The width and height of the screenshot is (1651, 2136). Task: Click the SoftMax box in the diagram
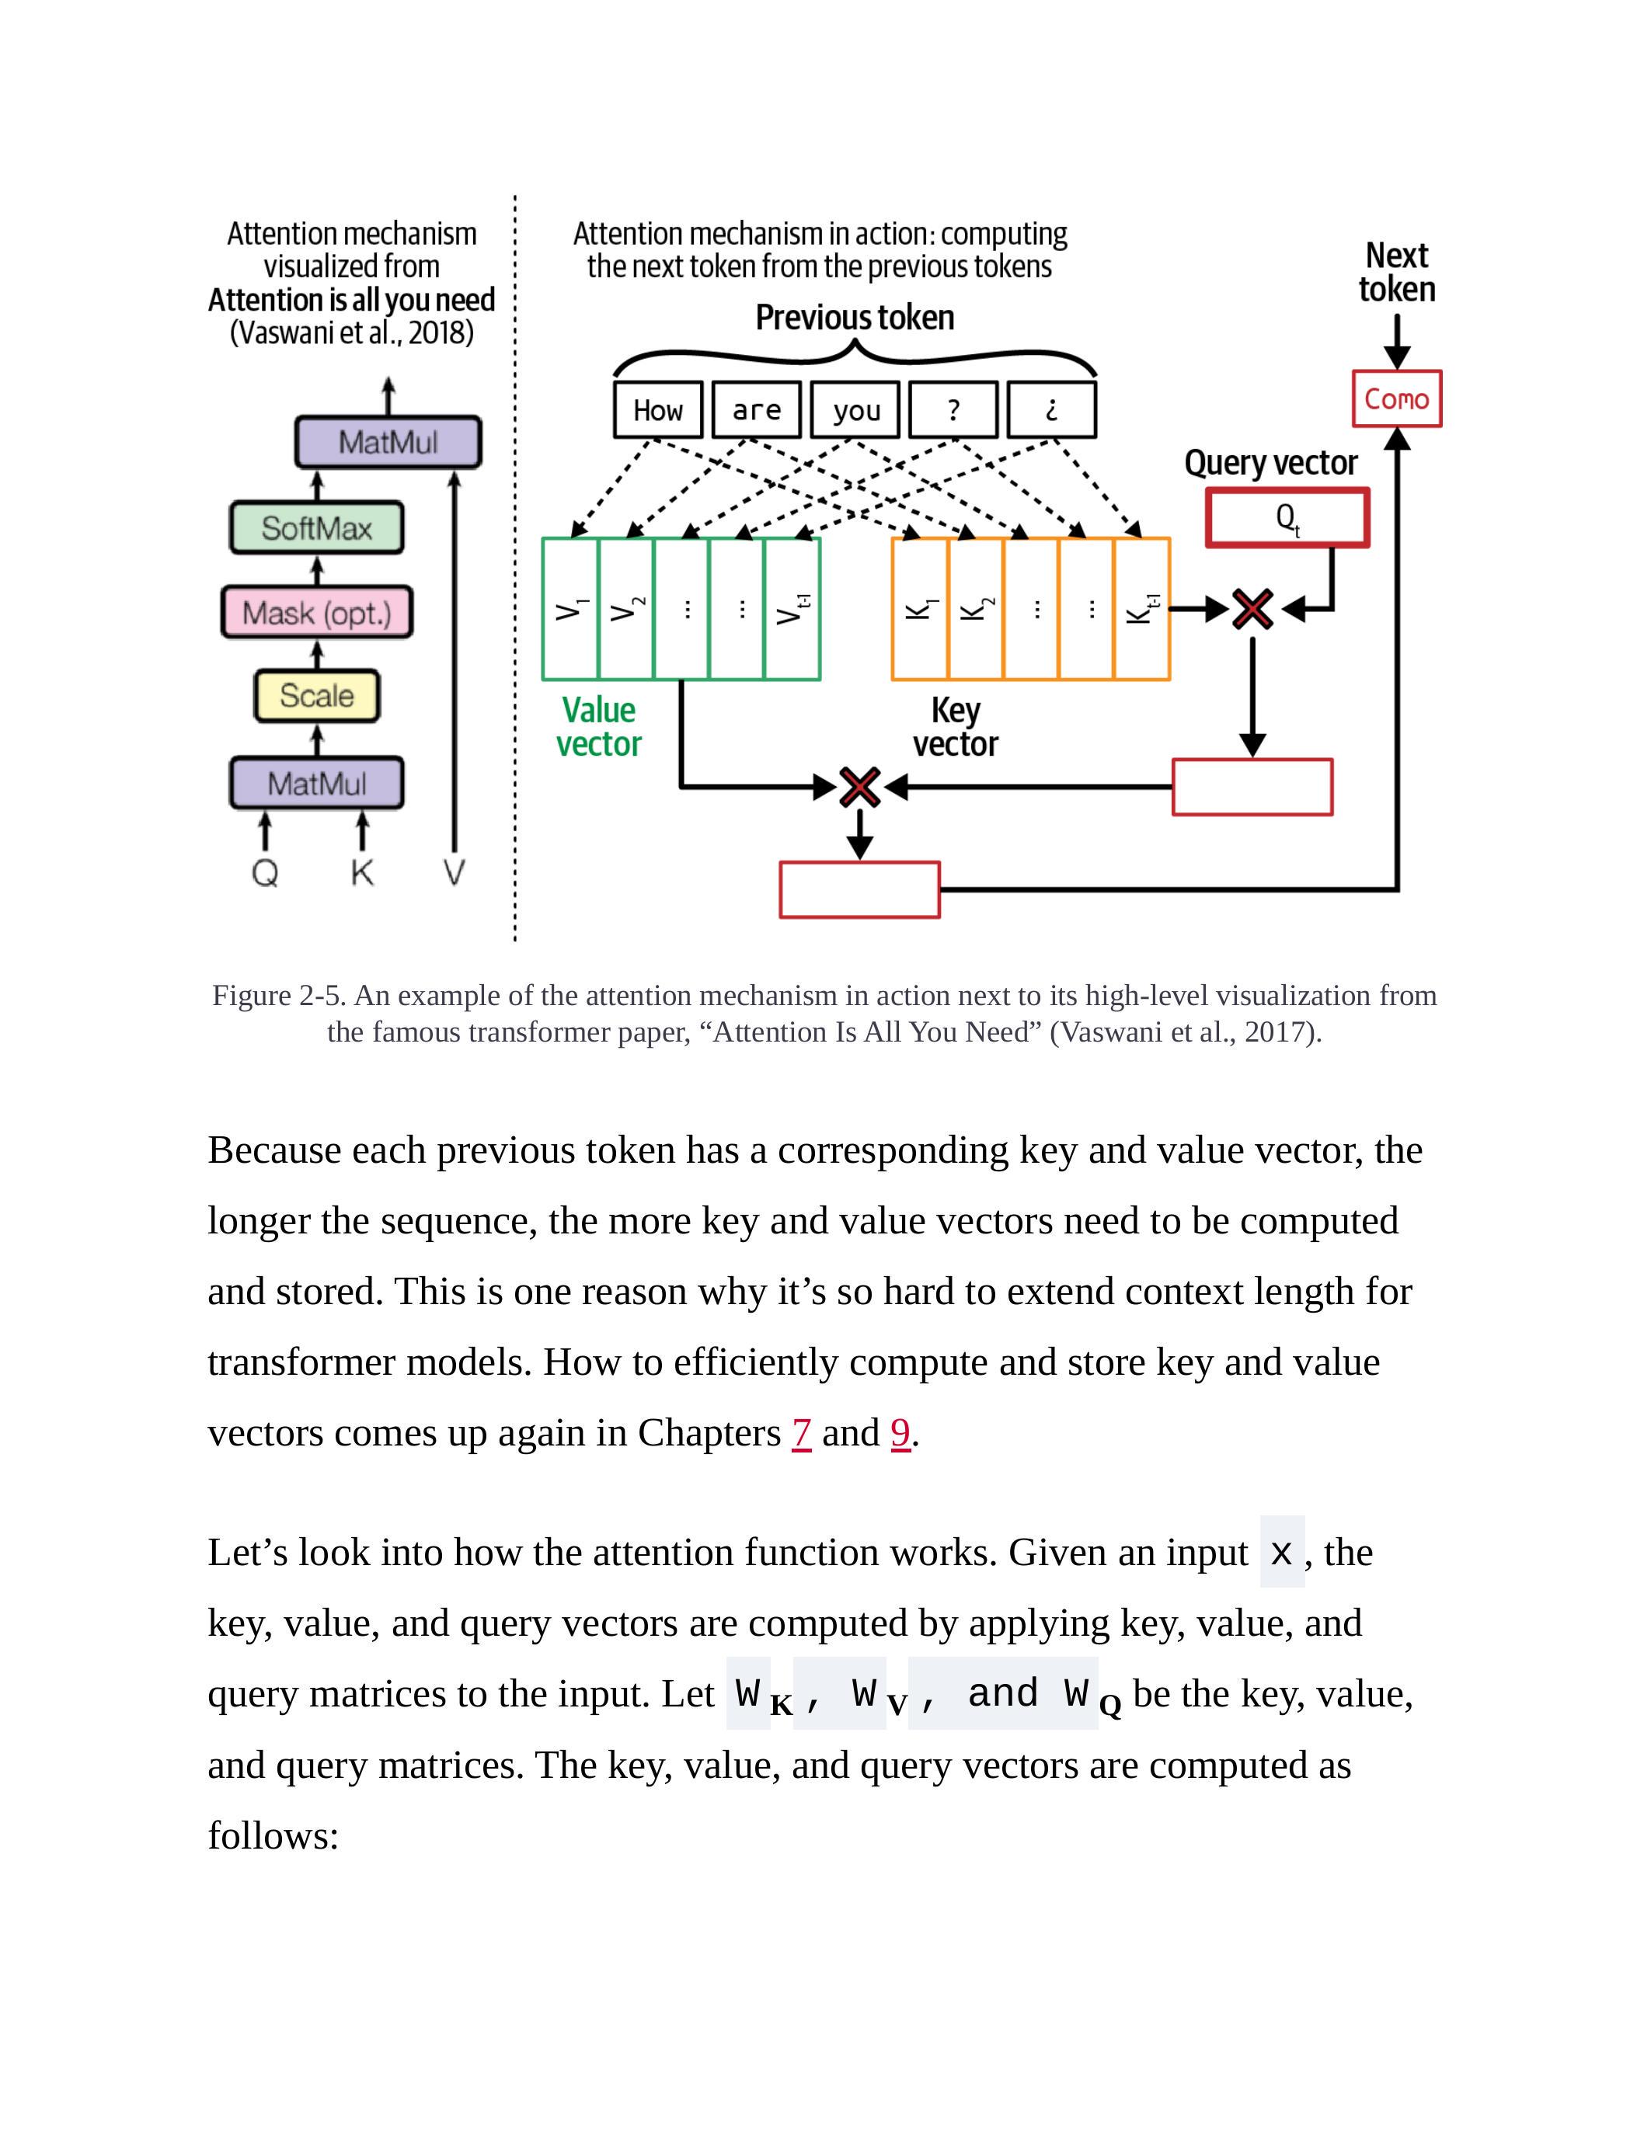click(316, 528)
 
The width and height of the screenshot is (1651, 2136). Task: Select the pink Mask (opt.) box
click(317, 612)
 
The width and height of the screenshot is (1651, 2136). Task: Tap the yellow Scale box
click(317, 695)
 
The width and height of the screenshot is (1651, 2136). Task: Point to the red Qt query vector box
click(1286, 517)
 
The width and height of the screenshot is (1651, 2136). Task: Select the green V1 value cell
click(570, 608)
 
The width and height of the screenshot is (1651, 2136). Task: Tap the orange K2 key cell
click(975, 608)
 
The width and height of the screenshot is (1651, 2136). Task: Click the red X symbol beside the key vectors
click(1252, 609)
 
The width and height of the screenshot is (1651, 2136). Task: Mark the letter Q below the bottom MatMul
click(265, 871)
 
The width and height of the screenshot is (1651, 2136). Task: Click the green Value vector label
click(598, 727)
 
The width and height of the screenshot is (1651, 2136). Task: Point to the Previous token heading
click(855, 318)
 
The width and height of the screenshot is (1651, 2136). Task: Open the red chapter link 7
click(801, 1433)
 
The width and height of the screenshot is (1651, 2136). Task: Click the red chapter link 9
click(900, 1433)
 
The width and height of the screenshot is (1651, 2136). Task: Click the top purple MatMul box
click(388, 442)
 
